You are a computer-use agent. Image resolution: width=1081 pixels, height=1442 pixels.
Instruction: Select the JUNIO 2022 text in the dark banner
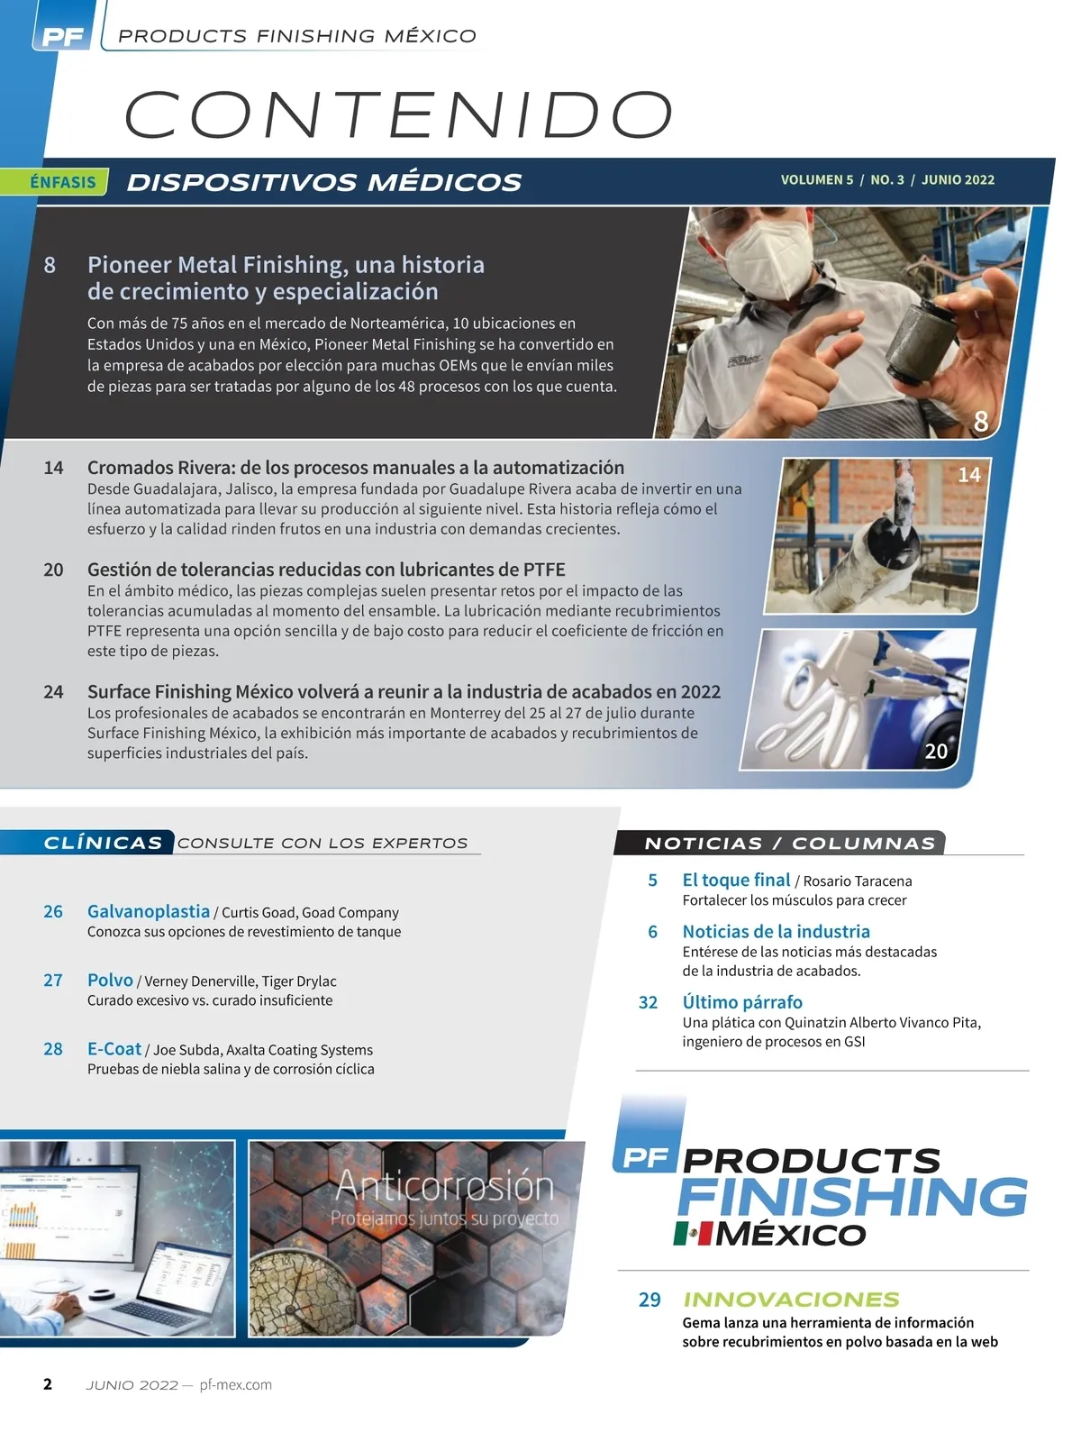click(958, 179)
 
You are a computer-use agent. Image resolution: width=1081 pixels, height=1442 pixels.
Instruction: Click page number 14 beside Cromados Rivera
click(53, 468)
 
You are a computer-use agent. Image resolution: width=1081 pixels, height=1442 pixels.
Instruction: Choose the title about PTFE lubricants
click(326, 569)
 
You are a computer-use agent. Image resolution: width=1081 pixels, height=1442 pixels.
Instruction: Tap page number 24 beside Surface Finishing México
click(53, 692)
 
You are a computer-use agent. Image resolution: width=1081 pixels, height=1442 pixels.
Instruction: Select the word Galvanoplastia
click(149, 911)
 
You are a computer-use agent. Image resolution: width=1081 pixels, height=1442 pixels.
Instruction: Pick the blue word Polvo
click(110, 980)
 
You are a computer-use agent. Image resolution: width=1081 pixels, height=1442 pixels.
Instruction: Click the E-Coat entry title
click(114, 1048)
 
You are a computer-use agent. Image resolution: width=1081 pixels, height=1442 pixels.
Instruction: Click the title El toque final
click(736, 880)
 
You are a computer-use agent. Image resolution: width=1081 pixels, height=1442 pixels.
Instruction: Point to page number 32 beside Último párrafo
click(648, 1002)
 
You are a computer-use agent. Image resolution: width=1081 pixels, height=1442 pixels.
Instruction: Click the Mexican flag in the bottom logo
click(693, 1234)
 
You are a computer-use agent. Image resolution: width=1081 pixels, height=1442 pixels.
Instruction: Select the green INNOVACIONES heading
click(792, 1300)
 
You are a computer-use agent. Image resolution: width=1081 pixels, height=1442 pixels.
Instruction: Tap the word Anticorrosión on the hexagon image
click(445, 1186)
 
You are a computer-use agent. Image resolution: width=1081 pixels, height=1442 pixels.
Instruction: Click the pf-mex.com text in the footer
click(235, 1385)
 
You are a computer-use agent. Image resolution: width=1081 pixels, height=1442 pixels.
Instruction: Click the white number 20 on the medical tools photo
click(936, 751)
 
